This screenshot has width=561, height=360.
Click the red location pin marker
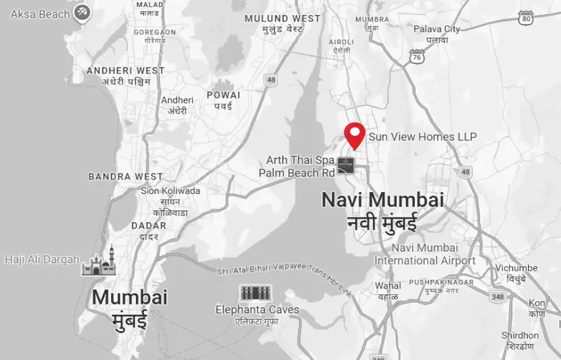pos(355,135)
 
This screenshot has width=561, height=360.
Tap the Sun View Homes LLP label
pos(422,137)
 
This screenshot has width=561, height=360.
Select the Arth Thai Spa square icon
pos(346,165)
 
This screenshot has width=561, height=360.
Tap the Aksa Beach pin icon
pos(83,12)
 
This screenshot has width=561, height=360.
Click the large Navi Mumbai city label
pos(383,200)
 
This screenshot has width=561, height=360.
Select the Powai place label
pos(224,95)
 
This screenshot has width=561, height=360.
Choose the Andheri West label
pos(126,71)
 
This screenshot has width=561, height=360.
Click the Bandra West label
pos(126,177)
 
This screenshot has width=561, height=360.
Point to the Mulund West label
pos(283,19)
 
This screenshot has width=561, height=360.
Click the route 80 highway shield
pos(527,18)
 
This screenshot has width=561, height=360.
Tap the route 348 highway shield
pos(499,296)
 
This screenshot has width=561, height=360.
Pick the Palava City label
pos(437,29)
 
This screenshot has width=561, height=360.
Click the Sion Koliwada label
pos(170,191)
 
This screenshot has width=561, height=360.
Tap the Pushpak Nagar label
pos(441,282)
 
